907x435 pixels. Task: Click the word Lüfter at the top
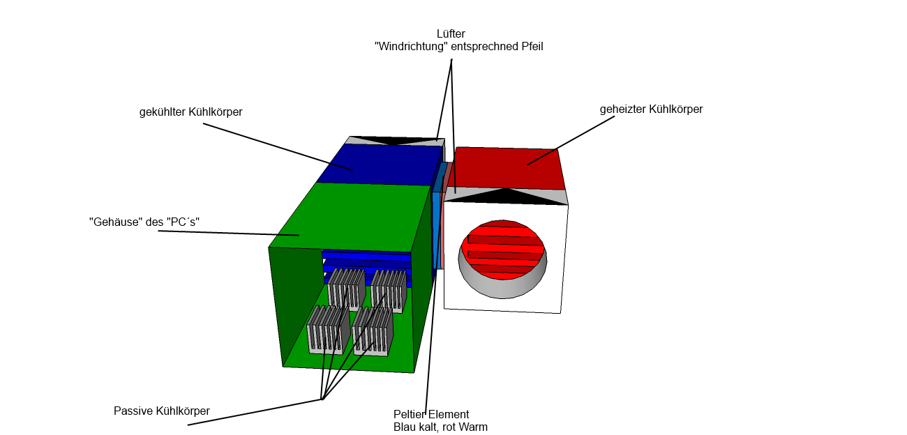point(451,33)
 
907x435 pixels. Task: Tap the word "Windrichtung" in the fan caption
point(411,47)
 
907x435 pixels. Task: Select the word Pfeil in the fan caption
point(532,47)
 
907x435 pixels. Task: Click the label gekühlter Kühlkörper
point(190,112)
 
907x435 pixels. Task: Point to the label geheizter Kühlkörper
point(651,109)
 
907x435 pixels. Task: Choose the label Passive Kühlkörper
point(162,411)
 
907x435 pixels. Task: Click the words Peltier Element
point(431,414)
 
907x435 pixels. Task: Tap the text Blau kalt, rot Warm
point(440,427)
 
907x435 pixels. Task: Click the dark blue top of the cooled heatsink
point(380,165)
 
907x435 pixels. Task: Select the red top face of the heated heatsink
point(506,168)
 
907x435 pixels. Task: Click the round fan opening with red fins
point(502,259)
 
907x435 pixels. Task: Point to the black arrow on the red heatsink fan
point(505,197)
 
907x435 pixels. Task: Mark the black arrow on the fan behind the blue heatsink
point(394,141)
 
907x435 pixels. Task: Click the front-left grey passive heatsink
point(329,330)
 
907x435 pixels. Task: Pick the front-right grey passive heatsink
point(373,332)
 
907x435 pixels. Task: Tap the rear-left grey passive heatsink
point(346,289)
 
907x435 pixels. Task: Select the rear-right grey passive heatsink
point(389,291)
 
